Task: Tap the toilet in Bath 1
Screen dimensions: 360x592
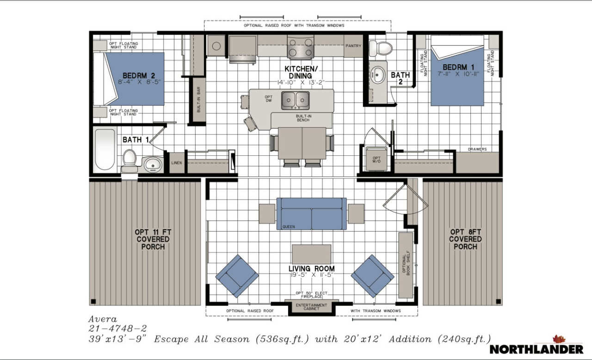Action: click(x=129, y=159)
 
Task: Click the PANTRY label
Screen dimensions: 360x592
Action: click(x=353, y=46)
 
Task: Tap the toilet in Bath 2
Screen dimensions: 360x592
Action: click(x=381, y=47)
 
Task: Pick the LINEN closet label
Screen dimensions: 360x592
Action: click(x=176, y=163)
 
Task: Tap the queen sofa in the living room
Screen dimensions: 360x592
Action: click(x=311, y=214)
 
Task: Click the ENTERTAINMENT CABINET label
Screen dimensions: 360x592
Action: click(x=311, y=307)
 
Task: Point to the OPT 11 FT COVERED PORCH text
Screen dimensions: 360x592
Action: click(x=153, y=239)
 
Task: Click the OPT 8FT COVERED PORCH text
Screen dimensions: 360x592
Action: click(x=465, y=239)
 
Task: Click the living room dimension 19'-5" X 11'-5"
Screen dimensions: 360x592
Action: click(x=311, y=275)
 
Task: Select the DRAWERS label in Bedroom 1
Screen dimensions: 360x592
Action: click(x=477, y=149)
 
